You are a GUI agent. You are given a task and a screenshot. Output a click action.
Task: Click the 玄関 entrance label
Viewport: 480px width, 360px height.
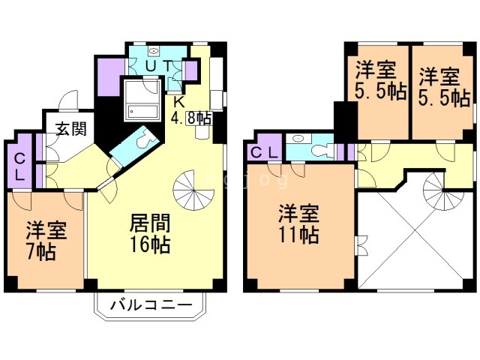click(x=69, y=127)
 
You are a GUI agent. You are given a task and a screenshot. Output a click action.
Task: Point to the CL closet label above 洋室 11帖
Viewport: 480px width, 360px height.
click(x=265, y=153)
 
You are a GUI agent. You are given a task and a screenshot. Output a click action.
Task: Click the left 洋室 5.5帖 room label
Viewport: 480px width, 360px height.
click(x=379, y=83)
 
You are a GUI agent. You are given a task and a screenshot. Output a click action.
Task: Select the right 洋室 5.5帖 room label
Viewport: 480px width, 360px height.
click(x=442, y=86)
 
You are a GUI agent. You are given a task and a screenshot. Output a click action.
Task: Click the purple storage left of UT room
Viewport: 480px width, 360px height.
click(x=109, y=73)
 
